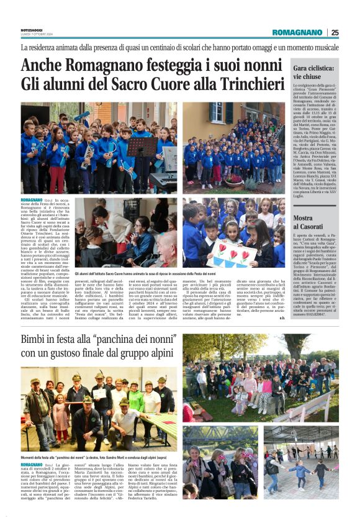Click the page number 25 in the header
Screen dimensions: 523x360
pyautogui.click(x=335, y=32)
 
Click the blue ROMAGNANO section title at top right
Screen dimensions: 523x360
pyautogui.click(x=299, y=32)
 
